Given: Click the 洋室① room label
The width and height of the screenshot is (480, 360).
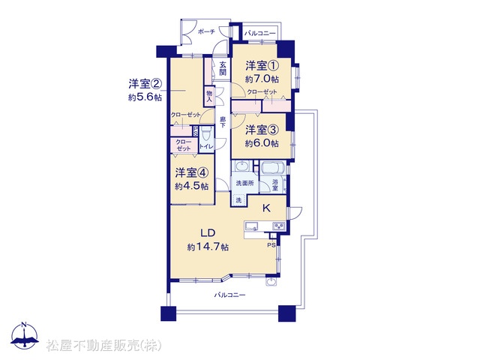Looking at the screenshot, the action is point(262,65).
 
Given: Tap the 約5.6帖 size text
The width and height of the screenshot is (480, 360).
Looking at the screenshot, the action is point(145,97).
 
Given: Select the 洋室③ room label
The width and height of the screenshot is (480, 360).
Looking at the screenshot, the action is point(262,130).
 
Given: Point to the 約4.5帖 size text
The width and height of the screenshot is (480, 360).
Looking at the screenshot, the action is point(192,186).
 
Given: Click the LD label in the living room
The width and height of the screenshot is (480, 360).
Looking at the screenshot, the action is point(208,233).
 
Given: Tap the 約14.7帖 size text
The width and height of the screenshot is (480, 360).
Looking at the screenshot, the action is point(208,247).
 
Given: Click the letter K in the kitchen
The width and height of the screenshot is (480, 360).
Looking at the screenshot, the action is point(266,208).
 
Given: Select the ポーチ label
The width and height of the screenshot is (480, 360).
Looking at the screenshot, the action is point(206,31).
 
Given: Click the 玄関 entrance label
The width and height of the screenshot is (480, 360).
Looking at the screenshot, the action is point(223,68).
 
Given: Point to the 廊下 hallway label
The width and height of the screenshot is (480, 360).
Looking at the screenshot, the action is point(223,121).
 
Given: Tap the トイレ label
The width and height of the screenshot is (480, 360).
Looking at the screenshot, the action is point(206,147).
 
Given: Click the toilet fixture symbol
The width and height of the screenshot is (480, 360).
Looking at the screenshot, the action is point(207,133).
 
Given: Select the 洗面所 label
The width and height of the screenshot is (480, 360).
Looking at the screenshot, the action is point(244,183).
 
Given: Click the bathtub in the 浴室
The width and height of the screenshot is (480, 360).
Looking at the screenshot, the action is point(273,168).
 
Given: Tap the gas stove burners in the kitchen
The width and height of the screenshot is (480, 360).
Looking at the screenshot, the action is point(279,226).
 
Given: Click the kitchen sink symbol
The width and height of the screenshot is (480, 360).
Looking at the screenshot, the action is point(252,226).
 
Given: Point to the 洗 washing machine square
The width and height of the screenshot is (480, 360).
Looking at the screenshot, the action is point(238,200).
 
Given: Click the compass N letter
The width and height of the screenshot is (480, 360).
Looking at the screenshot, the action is point(25,325).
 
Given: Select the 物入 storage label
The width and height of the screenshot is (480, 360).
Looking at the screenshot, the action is point(210,96).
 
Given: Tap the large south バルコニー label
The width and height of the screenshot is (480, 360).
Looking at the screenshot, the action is point(229,295).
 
